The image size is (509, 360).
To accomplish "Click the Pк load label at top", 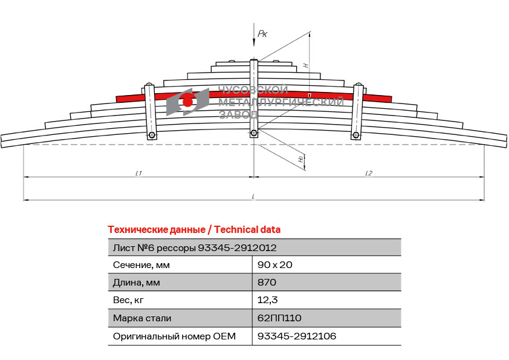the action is click(262, 33).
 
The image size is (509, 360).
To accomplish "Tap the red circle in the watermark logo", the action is click(187, 102).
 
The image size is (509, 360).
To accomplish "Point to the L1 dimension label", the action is click(138, 173).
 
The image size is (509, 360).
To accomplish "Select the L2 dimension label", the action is click(369, 173).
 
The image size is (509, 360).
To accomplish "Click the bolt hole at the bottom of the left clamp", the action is click(152, 135).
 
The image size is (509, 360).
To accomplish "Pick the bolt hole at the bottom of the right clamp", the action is click(356, 135).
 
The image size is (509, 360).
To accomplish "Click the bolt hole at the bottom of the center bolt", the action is click(254, 133).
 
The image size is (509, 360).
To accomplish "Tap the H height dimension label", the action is click(306, 65).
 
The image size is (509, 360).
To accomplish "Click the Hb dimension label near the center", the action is click(301, 159).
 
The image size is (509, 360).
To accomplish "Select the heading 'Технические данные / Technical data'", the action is click(194, 230).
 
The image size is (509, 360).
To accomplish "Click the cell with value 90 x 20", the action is click(274, 265).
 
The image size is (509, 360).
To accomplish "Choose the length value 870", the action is click(267, 283).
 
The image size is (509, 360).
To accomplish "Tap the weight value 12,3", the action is click(267, 300).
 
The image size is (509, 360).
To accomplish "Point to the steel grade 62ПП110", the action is click(279, 318).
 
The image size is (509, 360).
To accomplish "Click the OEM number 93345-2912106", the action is click(297, 336).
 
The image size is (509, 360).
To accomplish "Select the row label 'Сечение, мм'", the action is click(141, 265).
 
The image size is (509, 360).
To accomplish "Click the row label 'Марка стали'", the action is click(142, 318).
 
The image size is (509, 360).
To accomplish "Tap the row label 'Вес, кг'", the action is click(128, 300).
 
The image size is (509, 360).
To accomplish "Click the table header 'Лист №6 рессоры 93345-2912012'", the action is click(195, 248).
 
